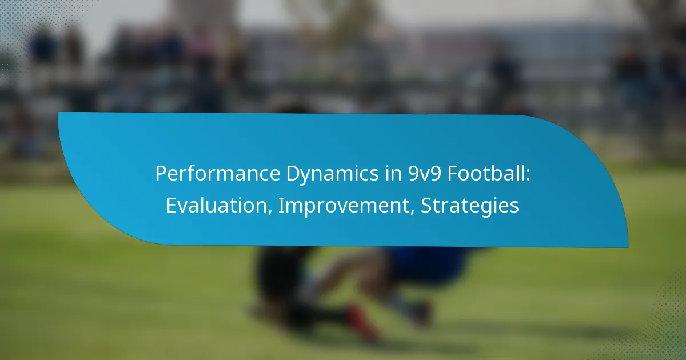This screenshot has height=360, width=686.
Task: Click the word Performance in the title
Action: tap(217, 173)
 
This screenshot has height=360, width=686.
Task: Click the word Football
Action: tap(486, 173)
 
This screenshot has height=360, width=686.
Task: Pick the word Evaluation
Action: tap(217, 205)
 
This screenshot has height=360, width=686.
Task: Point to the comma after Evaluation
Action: tap(269, 212)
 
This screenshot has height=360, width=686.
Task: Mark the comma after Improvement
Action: tap(412, 212)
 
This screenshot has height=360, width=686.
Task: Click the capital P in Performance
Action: tap(161, 174)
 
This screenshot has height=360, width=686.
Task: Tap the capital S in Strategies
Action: tap(426, 205)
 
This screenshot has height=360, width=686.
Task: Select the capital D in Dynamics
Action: tap(293, 174)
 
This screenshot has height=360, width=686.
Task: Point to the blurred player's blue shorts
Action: tap(428, 264)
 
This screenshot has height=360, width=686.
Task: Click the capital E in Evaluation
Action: tap(171, 205)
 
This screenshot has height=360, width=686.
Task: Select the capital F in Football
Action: tap(453, 174)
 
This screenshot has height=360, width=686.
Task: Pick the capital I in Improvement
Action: tap(281, 205)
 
